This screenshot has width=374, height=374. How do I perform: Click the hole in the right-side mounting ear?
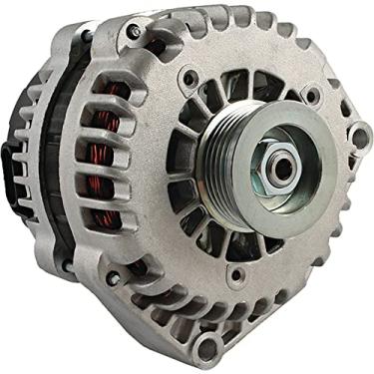pyautogui.click(x=354, y=136)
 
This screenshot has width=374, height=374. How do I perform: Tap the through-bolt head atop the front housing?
pyautogui.click(x=133, y=33)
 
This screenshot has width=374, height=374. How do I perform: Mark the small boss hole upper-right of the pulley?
pyautogui.click(x=315, y=95)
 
